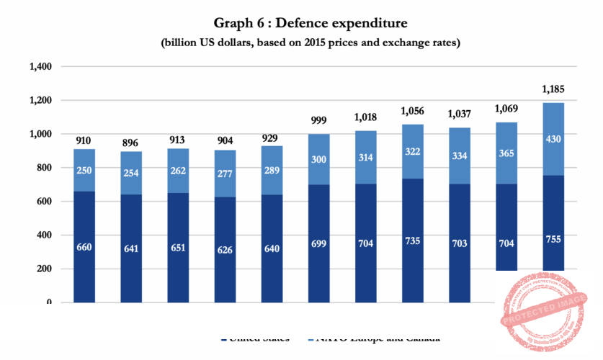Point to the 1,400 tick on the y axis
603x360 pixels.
tap(40, 67)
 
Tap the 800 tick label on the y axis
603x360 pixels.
tap(45, 168)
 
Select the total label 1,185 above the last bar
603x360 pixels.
tap(553, 90)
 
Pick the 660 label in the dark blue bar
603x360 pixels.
tap(85, 247)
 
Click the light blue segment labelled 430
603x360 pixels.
tap(553, 138)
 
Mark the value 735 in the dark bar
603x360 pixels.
tap(412, 243)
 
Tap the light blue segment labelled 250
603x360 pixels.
tap(85, 170)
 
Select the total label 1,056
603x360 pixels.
tap(412, 112)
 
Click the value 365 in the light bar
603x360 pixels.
tap(506, 153)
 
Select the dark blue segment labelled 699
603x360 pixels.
tap(319, 243)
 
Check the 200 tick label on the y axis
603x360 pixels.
tap(45, 269)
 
